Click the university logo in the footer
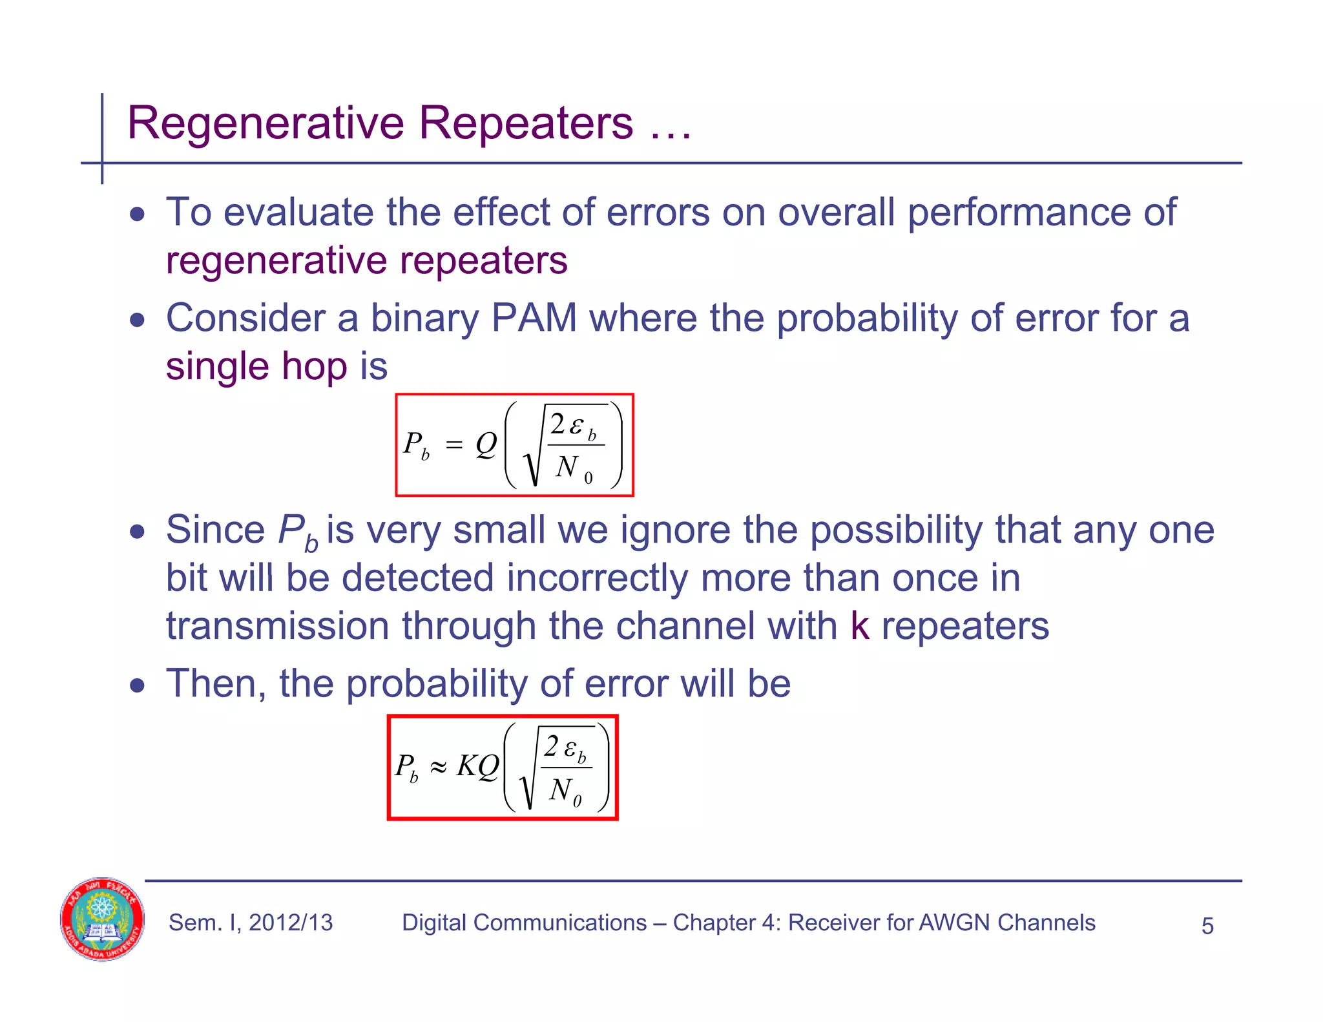(102, 919)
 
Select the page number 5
(1207, 926)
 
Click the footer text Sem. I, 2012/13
(251, 923)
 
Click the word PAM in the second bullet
(534, 318)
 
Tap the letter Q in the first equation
(486, 444)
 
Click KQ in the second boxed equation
(477, 767)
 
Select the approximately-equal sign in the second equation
(438, 767)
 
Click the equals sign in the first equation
(454, 445)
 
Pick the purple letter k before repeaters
(859, 625)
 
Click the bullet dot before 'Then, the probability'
(137, 685)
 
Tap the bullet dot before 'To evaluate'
(137, 214)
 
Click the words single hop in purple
(256, 366)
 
